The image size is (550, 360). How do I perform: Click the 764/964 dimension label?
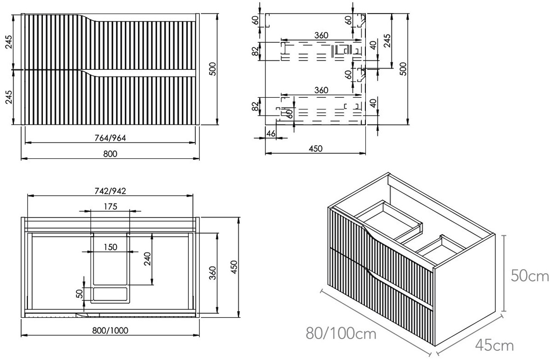[110, 137]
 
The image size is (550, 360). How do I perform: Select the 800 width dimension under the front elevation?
[110, 154]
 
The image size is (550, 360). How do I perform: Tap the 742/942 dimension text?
[110, 190]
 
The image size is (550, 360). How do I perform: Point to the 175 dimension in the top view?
[110, 206]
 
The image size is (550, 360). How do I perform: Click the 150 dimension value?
[110, 247]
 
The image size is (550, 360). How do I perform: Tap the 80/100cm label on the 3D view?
[341, 333]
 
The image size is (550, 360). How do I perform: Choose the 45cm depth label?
[495, 346]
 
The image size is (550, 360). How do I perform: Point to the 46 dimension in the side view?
[270, 134]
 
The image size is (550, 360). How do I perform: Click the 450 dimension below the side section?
[316, 149]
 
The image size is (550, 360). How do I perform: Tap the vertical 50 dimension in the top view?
[79, 293]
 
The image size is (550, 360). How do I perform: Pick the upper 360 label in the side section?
[321, 35]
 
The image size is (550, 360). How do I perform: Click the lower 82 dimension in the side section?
[254, 106]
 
